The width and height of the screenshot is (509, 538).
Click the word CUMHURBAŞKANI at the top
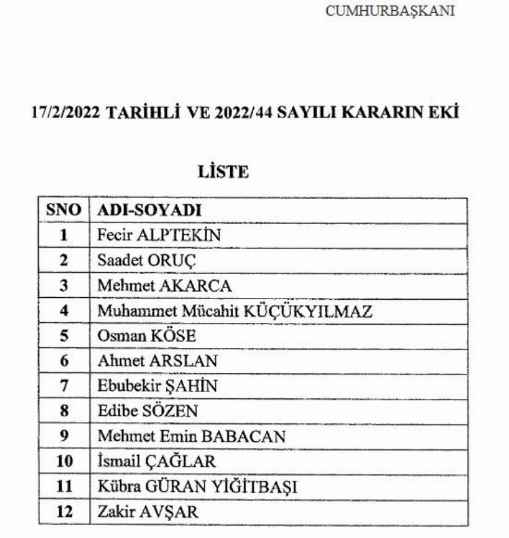point(390,12)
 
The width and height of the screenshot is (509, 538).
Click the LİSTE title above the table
point(223,172)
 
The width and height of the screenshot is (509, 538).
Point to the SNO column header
point(64,210)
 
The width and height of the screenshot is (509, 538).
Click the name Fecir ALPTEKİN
point(159,235)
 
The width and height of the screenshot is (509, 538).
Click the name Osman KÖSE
point(147,336)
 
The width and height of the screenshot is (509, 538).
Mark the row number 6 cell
point(64,361)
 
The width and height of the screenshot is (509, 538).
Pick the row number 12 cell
point(64,512)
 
